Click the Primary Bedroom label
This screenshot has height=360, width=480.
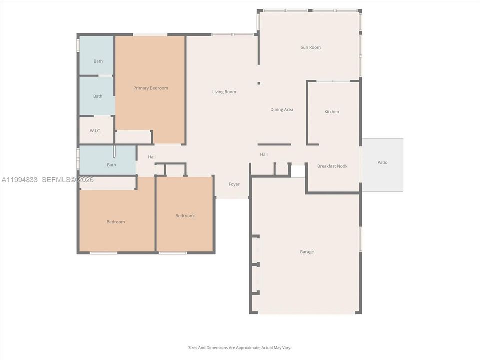click(x=150, y=88)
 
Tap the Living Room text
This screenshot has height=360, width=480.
click(x=224, y=92)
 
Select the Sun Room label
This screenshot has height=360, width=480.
click(x=310, y=47)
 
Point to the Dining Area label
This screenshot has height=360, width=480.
click(x=282, y=110)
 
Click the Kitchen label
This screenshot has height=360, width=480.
click(x=332, y=112)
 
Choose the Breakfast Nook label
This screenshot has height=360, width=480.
click(x=332, y=166)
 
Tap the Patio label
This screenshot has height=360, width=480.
click(x=382, y=162)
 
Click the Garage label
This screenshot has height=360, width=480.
click(x=307, y=252)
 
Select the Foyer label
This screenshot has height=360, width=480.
click(x=234, y=184)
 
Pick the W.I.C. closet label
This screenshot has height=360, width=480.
click(x=95, y=131)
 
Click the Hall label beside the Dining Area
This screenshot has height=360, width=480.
click(x=264, y=154)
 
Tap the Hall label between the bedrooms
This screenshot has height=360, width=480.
click(x=152, y=157)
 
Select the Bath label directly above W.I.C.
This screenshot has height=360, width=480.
click(x=98, y=96)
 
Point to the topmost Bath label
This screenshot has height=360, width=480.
click(x=98, y=61)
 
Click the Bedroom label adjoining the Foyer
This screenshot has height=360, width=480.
click(x=184, y=216)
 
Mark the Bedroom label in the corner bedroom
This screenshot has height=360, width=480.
click(x=116, y=222)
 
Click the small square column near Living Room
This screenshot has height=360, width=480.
click(x=258, y=83)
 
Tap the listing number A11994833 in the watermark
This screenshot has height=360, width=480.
click(x=19, y=179)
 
